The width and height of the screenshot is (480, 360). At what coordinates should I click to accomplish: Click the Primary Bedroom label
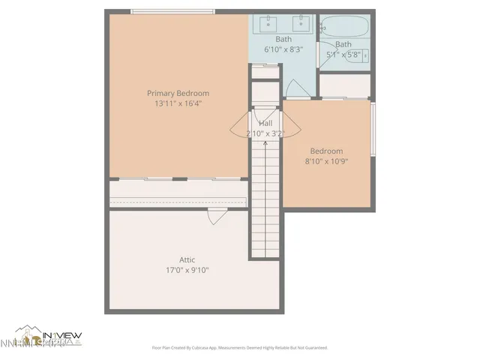click(178, 93)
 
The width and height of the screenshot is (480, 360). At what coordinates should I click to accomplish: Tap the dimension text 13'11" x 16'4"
click(178, 103)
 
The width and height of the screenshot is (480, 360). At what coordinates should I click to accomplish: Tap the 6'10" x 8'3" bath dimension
click(283, 49)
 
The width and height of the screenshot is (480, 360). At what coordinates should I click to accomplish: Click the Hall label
click(265, 123)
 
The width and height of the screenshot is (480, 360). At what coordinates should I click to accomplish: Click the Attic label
click(187, 259)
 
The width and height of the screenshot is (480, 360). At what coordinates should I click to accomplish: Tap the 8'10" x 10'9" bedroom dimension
click(327, 160)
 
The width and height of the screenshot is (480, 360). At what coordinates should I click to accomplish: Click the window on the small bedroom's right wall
click(373, 130)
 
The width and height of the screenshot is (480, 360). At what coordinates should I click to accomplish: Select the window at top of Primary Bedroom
click(172, 11)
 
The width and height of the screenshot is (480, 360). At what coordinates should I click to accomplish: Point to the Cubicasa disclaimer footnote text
click(239, 348)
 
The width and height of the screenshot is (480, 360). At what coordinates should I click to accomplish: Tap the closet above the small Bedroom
click(344, 85)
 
